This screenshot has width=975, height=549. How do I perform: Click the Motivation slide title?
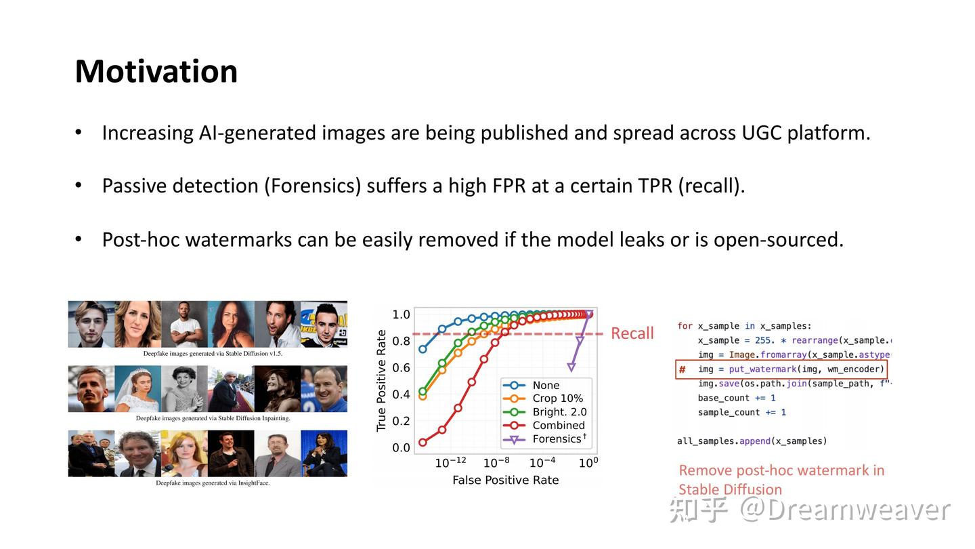156,71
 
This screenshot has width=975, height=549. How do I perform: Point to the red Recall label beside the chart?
632,333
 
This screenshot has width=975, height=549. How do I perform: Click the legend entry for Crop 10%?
557,399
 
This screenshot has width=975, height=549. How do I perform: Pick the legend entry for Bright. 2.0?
559,412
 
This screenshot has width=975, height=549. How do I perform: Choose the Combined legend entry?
558,426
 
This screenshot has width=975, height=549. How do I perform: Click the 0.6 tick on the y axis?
401,367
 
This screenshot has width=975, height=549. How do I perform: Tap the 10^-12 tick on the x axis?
450,463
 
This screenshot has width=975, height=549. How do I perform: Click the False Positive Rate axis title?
505,480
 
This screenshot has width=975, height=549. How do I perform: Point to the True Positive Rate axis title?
381,380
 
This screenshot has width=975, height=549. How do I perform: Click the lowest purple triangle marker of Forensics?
571,367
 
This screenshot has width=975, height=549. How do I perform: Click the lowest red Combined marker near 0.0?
423,443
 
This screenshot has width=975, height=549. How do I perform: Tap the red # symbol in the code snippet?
682,369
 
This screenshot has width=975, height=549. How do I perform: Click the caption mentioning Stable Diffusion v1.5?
213,354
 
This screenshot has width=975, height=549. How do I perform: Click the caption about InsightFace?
213,483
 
